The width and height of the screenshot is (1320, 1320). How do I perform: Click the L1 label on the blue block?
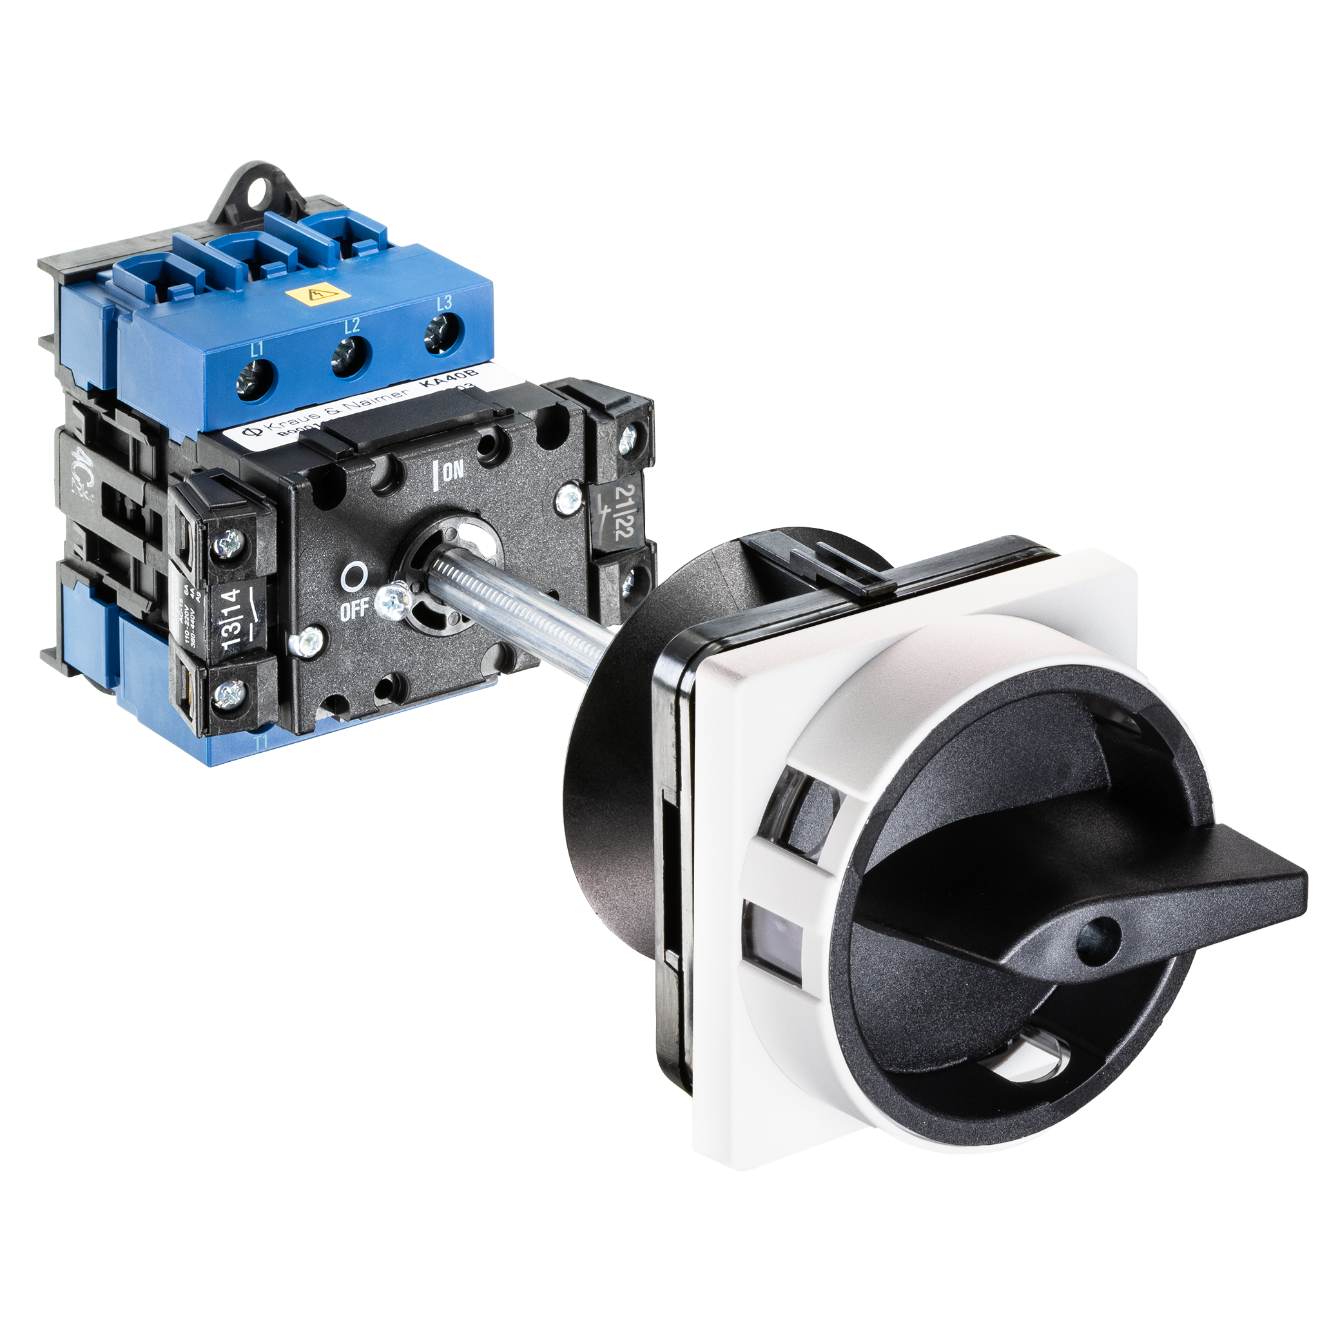click(257, 351)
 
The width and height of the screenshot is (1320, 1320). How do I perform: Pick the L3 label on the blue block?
click(444, 303)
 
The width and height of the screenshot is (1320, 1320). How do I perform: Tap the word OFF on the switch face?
click(354, 608)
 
